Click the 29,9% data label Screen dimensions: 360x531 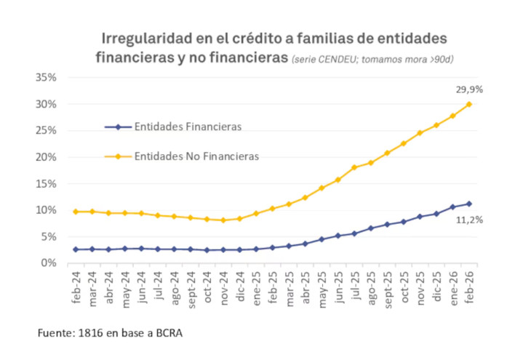[x=469, y=89]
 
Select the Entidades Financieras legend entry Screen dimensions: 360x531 [x=188, y=127]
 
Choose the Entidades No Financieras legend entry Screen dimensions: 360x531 [x=196, y=156]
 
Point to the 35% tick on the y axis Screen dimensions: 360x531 [x=56, y=78]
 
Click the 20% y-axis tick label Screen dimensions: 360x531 [x=56, y=157]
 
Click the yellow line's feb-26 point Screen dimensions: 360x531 [x=468, y=104]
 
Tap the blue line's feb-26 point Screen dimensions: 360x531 [x=468, y=204]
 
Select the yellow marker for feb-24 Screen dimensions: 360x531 [x=76, y=212]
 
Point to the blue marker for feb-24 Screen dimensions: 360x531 [x=76, y=249]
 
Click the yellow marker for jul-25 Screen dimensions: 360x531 [x=354, y=167]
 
